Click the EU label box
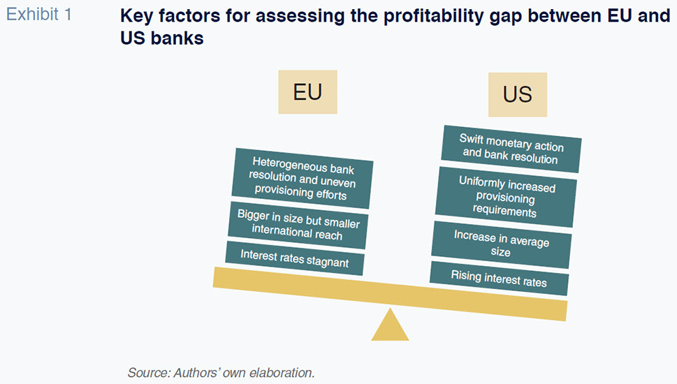tap(307, 92)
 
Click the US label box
tap(518, 94)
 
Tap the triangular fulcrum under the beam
tap(390, 325)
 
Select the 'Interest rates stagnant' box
tap(295, 258)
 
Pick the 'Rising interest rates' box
tap(499, 279)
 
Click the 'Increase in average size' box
tap(501, 244)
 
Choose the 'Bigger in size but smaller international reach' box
tap(298, 225)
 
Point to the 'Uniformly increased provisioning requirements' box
tap(506, 197)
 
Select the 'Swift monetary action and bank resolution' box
tap(511, 149)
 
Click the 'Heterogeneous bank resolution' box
tap(303, 178)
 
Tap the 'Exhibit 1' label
tap(39, 15)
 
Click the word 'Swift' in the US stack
tap(472, 139)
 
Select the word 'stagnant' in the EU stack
tap(328, 261)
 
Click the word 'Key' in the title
tap(136, 16)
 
